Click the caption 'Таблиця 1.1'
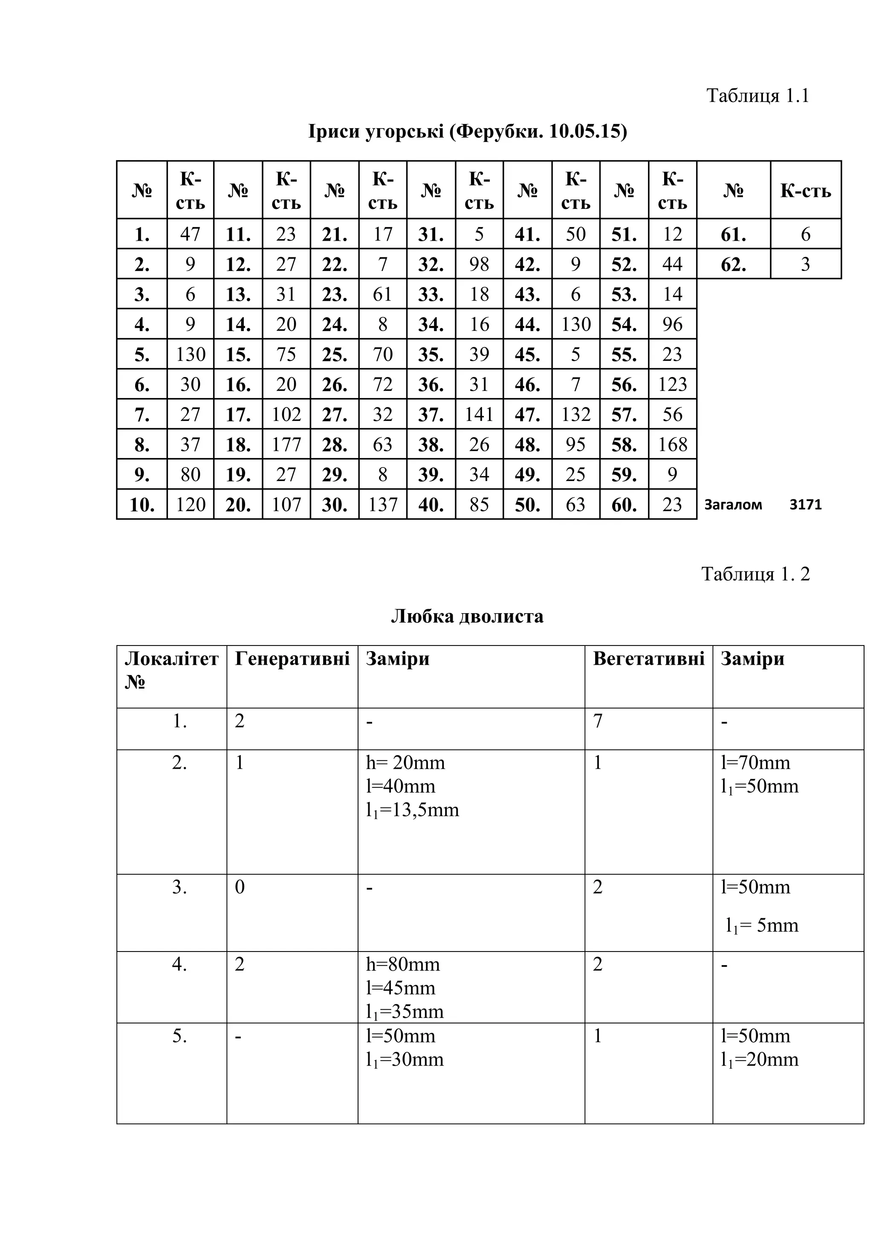click(757, 96)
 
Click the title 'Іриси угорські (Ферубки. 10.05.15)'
click(467, 131)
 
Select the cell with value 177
click(286, 444)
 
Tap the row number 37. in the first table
click(431, 414)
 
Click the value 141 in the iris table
click(479, 414)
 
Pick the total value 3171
click(805, 505)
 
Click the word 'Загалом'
click(733, 505)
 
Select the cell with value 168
click(673, 444)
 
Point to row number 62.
click(733, 264)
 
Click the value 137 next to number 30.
click(383, 505)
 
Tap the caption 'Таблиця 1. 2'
click(755, 574)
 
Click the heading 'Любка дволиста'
click(467, 616)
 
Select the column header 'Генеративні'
click(292, 658)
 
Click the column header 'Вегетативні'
click(648, 658)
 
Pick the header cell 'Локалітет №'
click(171, 670)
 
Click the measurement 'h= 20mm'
click(405, 763)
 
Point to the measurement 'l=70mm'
click(755, 763)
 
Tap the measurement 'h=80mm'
click(403, 964)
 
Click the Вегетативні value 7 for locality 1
click(598, 721)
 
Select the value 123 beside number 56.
click(673, 384)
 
